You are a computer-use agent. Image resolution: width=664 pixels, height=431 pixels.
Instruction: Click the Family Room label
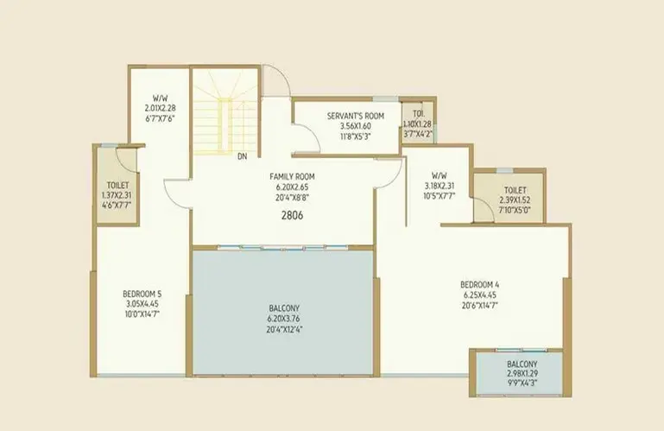pyautogui.click(x=292, y=176)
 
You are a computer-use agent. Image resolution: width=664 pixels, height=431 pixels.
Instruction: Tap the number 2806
pyautogui.click(x=292, y=215)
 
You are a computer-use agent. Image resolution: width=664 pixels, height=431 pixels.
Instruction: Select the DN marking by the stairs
pyautogui.click(x=243, y=156)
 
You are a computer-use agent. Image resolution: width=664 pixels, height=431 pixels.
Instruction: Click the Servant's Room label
pyautogui.click(x=355, y=116)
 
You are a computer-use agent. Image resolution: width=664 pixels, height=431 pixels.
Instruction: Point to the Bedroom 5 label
pyautogui.click(x=142, y=294)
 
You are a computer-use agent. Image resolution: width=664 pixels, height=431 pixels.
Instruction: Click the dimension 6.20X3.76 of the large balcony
pyautogui.click(x=284, y=319)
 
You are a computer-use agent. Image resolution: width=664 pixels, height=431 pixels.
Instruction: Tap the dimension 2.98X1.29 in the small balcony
pyautogui.click(x=522, y=374)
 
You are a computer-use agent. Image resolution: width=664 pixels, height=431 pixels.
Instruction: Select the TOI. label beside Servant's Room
pyautogui.click(x=419, y=113)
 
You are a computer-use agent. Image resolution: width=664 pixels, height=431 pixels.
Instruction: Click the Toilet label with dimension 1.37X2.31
pyautogui.click(x=117, y=185)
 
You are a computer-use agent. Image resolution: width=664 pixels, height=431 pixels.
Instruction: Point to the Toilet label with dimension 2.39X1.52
pyautogui.click(x=515, y=190)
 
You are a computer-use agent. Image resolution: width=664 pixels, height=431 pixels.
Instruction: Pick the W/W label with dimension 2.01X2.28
pyautogui.click(x=160, y=98)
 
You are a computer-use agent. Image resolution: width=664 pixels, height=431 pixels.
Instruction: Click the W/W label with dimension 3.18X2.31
pyautogui.click(x=440, y=175)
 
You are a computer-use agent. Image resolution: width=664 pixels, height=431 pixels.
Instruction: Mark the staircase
pyautogui.click(x=224, y=111)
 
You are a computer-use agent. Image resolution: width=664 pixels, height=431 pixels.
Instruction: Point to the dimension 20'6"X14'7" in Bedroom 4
pyautogui.click(x=479, y=305)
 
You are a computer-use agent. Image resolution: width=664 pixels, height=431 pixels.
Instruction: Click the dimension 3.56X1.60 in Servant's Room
pyautogui.click(x=355, y=126)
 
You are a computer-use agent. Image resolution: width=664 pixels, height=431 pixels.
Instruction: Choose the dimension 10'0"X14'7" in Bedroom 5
pyautogui.click(x=142, y=314)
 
